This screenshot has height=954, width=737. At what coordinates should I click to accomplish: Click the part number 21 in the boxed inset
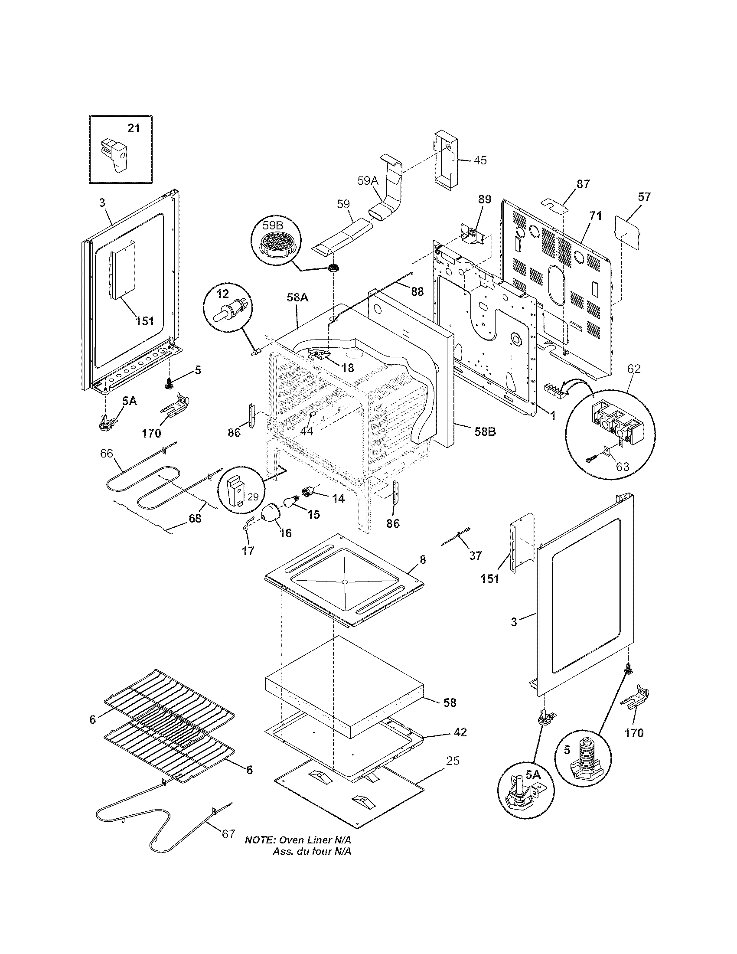(134, 128)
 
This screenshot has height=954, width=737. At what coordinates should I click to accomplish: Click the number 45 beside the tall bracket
(480, 160)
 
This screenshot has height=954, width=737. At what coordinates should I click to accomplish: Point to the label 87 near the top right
(583, 184)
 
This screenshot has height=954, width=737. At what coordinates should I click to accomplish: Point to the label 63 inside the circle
(622, 467)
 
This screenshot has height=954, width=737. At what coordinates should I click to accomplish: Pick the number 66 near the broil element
(107, 454)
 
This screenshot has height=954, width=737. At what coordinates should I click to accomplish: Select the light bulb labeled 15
(290, 503)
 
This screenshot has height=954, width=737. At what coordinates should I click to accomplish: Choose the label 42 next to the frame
(460, 732)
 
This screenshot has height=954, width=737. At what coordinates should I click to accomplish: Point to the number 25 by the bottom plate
(453, 761)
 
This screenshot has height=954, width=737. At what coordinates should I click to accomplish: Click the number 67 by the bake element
(228, 846)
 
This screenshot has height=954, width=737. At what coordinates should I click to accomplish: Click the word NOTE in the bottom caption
(259, 852)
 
